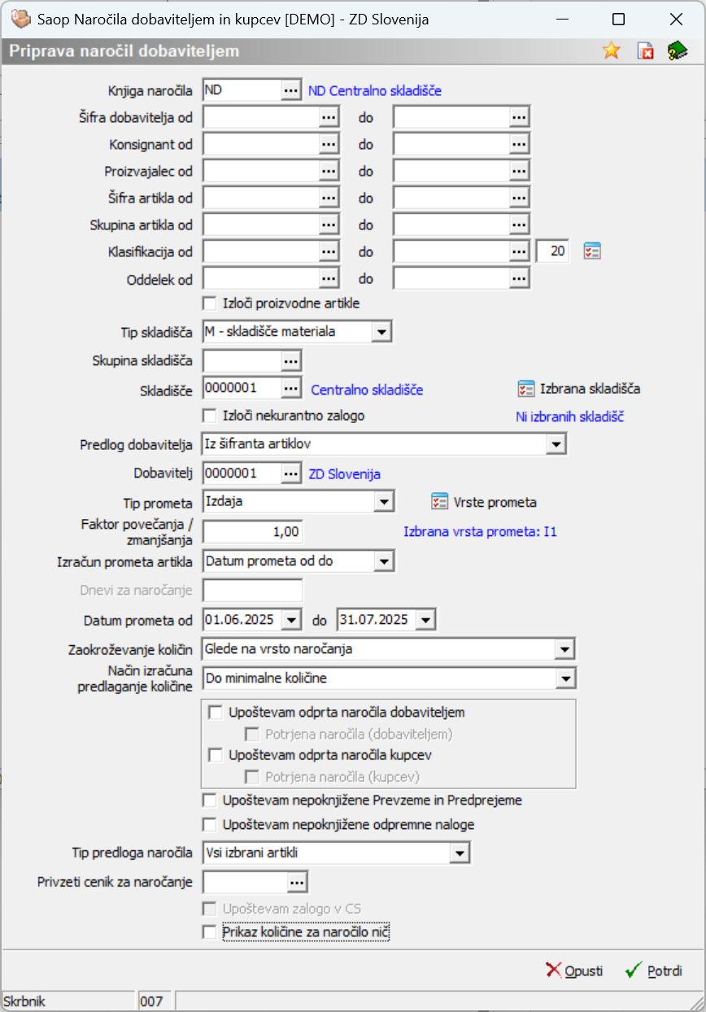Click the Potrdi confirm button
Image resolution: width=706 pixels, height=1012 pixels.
tap(654, 971)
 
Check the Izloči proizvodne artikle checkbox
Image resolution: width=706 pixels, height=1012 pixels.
tap(210, 303)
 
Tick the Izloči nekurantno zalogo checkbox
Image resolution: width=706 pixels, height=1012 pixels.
tap(210, 416)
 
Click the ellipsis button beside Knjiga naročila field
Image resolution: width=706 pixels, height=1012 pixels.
tap(291, 90)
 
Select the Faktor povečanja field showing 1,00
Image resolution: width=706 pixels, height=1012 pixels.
tap(252, 532)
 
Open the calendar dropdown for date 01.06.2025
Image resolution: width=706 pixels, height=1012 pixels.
tap(292, 620)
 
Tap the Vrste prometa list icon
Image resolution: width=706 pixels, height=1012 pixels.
tap(439, 501)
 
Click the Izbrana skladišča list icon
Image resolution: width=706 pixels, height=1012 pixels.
tap(526, 388)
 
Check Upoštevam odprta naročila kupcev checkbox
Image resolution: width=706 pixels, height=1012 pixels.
tap(216, 755)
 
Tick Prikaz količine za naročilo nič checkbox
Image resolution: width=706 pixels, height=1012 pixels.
tap(210, 931)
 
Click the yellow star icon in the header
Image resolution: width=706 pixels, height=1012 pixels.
tap(611, 50)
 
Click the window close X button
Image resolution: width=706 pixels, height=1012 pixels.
tap(675, 20)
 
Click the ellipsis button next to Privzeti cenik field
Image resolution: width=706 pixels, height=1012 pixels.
tap(297, 882)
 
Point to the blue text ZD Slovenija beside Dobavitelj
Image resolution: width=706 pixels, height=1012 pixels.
tap(345, 473)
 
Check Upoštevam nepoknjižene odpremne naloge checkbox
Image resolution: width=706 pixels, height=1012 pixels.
tap(210, 825)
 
